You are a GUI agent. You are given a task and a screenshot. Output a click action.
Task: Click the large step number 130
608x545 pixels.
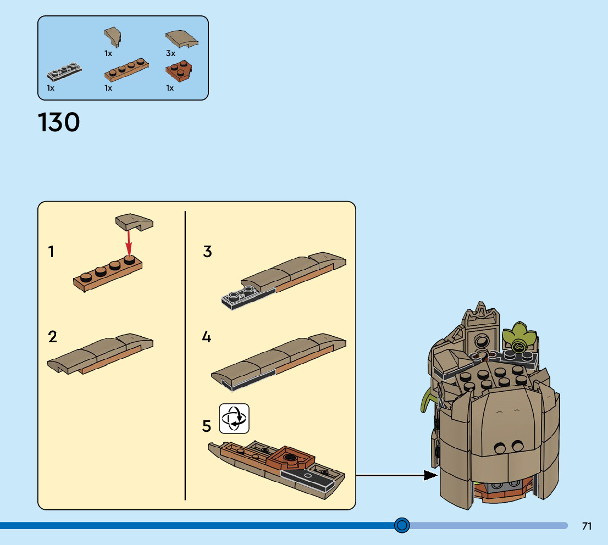pos(59,123)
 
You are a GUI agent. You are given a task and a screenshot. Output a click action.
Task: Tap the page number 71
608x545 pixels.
pos(587,526)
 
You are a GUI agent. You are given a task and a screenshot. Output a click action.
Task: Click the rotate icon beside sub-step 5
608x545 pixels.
pos(234,418)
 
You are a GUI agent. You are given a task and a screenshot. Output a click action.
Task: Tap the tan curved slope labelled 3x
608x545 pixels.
pos(182,38)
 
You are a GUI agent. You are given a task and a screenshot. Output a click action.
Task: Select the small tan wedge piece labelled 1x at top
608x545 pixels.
pos(113,37)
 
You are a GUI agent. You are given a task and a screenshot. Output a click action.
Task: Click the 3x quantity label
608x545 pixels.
pos(170,54)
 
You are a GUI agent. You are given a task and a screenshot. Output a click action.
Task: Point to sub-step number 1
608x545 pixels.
pos(51,252)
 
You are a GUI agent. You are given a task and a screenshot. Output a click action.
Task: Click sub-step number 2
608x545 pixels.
pos(52,336)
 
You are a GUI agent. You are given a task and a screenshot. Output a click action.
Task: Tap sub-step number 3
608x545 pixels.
pos(207,252)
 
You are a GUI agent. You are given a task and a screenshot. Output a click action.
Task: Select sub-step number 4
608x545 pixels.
pos(207,336)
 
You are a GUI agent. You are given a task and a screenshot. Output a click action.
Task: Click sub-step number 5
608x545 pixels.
pos(207,426)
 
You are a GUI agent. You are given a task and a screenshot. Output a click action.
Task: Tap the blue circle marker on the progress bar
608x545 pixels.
pos(402,526)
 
